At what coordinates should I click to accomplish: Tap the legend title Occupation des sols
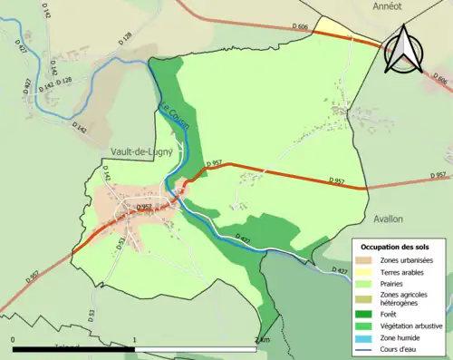pyautogui.click(x=396, y=247)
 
